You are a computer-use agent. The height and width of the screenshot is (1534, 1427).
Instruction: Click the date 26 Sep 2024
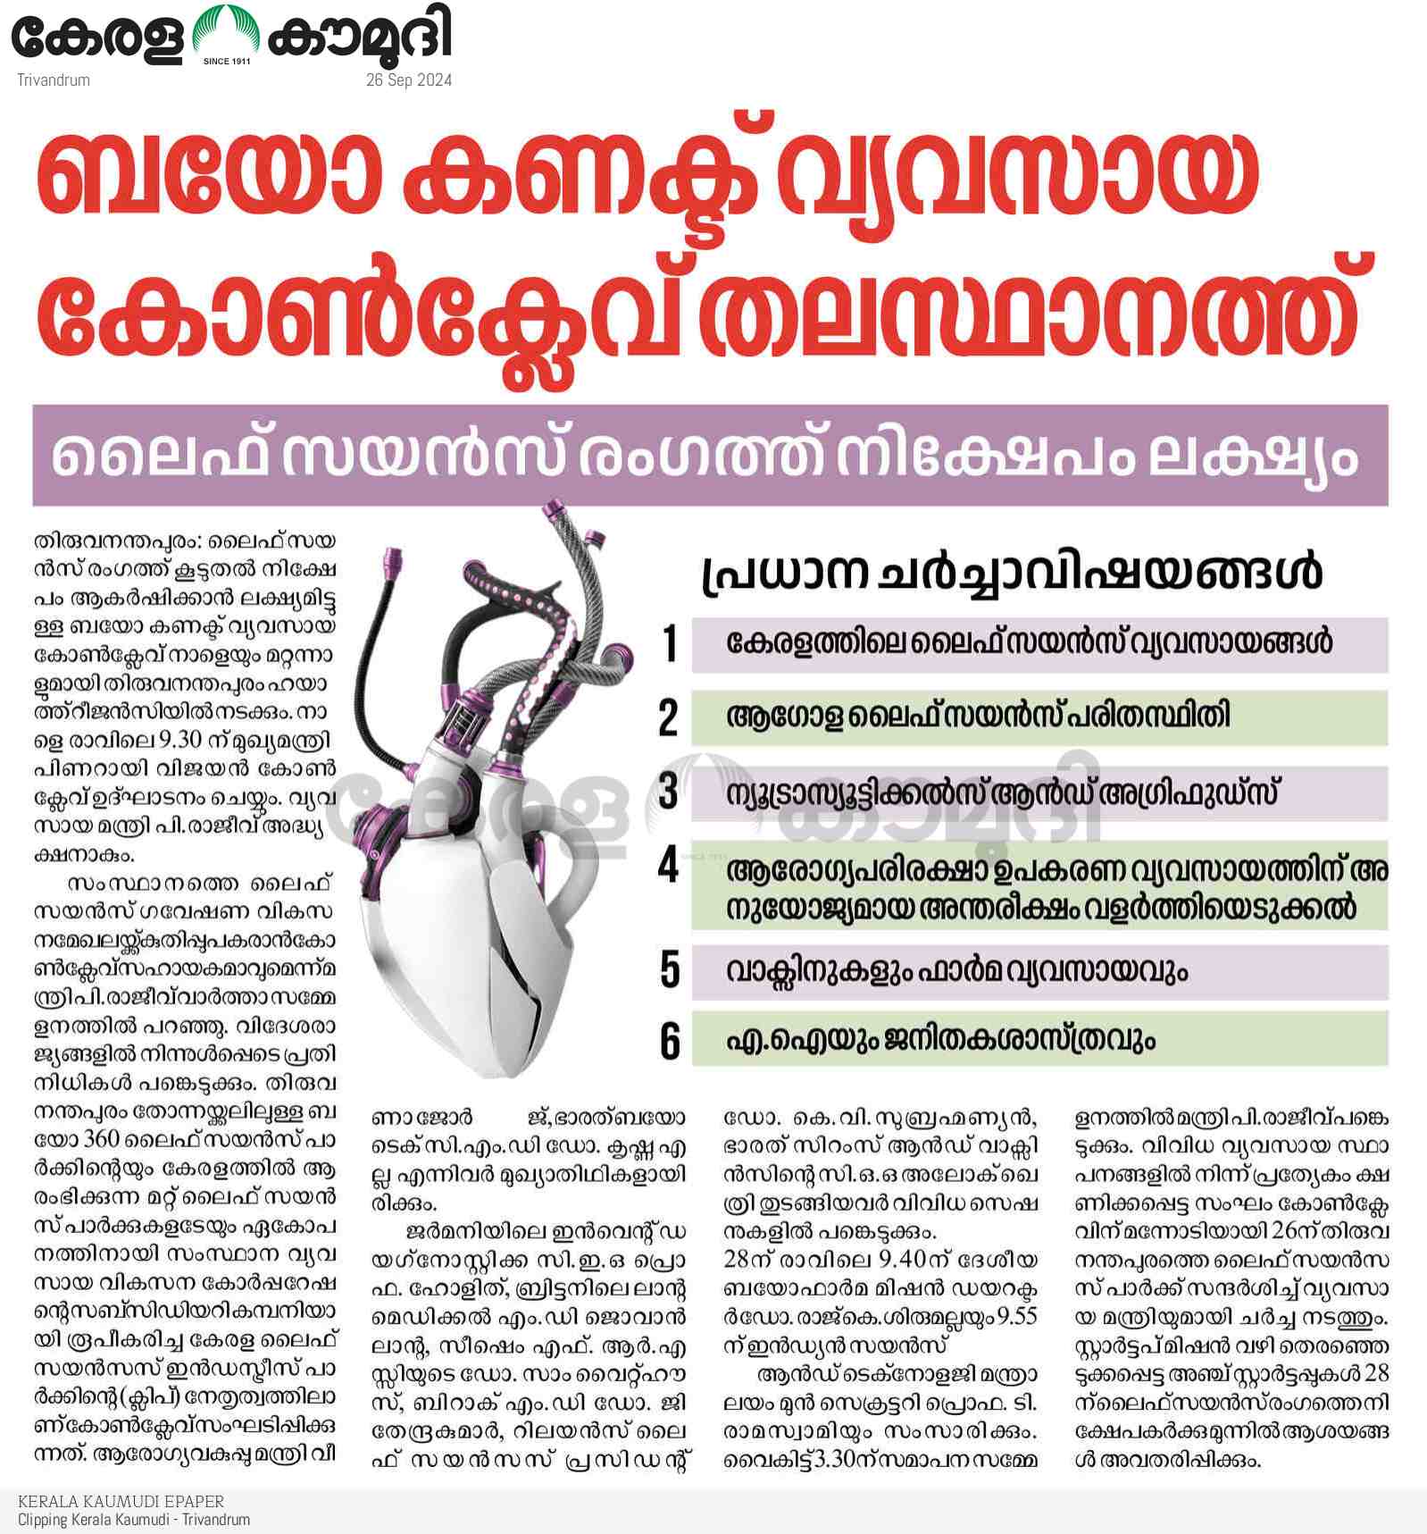click(408, 80)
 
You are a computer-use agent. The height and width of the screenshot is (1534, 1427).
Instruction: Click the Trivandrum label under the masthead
click(54, 80)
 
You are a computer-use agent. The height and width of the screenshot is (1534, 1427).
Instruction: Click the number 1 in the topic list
click(670, 643)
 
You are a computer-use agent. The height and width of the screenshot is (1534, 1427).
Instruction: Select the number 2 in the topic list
click(669, 717)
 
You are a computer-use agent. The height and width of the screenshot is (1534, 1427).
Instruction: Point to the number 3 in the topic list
click(669, 792)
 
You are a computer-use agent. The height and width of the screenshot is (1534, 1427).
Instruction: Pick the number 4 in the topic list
click(669, 865)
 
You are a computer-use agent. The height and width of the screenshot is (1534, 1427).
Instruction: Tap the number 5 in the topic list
click(670, 970)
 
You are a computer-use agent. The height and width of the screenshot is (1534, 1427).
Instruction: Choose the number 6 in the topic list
click(670, 1041)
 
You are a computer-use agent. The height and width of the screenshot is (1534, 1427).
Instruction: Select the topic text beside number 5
click(956, 970)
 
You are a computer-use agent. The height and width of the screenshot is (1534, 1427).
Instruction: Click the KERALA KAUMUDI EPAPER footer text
click(121, 1501)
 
